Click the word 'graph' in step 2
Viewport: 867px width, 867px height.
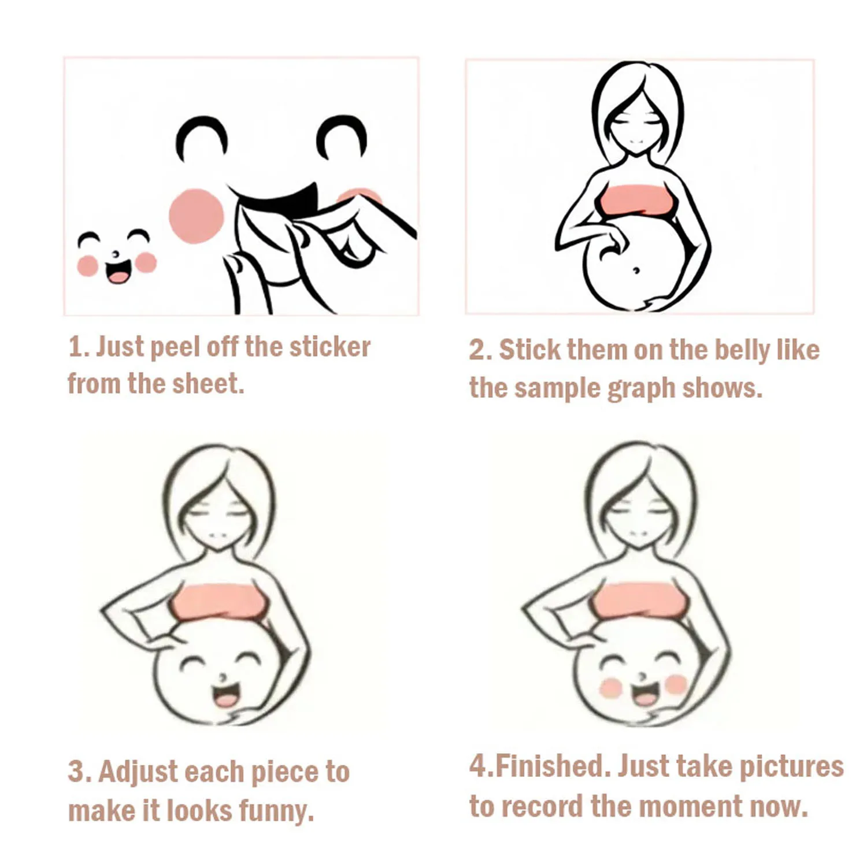pyautogui.click(x=641, y=388)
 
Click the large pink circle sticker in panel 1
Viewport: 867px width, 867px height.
pyautogui.click(x=197, y=216)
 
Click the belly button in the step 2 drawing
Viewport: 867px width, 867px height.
pyautogui.click(x=636, y=270)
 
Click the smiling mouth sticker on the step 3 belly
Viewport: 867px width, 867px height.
pyautogui.click(x=226, y=695)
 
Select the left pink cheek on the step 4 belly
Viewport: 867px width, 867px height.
pyautogui.click(x=610, y=687)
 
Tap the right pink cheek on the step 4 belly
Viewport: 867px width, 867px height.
pyautogui.click(x=675, y=684)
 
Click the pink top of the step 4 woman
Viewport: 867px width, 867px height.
pyautogui.click(x=639, y=599)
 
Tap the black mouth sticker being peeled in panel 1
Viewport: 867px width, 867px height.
pyautogui.click(x=277, y=199)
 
